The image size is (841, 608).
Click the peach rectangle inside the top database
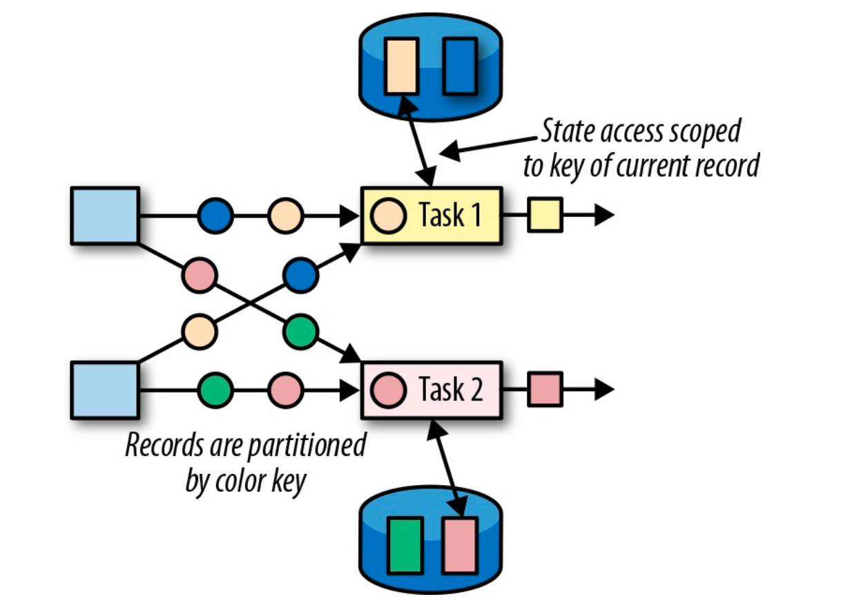[x=401, y=66]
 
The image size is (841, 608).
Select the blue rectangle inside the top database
[x=459, y=66]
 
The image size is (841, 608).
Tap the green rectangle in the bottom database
[x=405, y=545]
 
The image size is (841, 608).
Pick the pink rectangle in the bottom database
[x=459, y=545]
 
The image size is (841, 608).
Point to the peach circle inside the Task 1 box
[x=388, y=216]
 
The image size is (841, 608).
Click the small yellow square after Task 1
[x=545, y=215]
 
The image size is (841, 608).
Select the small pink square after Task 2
[x=545, y=390]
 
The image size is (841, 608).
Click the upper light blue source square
[x=105, y=216]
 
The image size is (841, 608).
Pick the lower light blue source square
[x=105, y=391]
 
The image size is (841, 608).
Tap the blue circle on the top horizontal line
[x=216, y=216]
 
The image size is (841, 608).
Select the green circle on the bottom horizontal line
[x=216, y=391]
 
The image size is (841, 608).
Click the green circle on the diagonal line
[x=300, y=332]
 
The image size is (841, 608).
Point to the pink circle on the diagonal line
[x=200, y=275]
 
